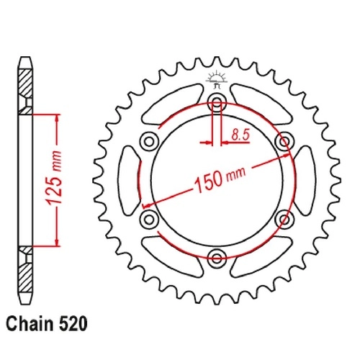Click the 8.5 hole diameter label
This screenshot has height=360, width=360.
click(x=240, y=135)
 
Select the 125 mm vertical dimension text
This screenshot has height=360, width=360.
click(x=54, y=178)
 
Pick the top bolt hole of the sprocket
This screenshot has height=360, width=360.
click(x=217, y=102)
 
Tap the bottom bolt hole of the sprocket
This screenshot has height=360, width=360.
click(x=217, y=258)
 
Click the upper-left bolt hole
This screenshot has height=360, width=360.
click(x=149, y=141)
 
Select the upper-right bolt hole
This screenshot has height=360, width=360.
click(x=284, y=141)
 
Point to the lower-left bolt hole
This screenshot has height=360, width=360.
click(x=149, y=220)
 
